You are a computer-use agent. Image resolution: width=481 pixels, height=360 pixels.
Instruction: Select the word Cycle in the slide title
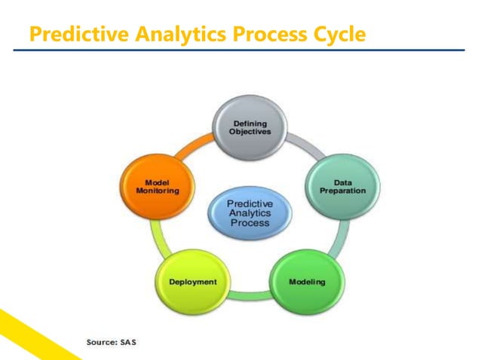pyautogui.click(x=336, y=35)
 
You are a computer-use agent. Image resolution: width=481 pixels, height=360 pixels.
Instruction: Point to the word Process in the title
pyautogui.click(x=261, y=35)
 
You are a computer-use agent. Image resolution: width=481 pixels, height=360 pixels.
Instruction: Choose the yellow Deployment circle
pyautogui.click(x=192, y=282)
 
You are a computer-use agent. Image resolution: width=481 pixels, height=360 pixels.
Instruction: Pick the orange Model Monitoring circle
pyautogui.click(x=158, y=186)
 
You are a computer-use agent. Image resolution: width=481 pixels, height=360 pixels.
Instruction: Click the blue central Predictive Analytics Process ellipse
pyautogui.click(x=250, y=212)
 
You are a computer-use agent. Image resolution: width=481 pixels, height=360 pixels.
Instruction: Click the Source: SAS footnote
pyautogui.click(x=112, y=343)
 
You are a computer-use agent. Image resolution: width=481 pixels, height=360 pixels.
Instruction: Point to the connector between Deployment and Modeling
pyautogui.click(x=250, y=295)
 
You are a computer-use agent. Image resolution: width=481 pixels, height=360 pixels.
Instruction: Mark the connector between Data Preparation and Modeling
pyautogui.click(x=338, y=239)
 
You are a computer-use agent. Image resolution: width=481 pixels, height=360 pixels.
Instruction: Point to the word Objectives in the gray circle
pyautogui.click(x=249, y=132)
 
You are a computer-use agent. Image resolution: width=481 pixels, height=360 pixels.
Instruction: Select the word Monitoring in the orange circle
pyautogui.click(x=158, y=191)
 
